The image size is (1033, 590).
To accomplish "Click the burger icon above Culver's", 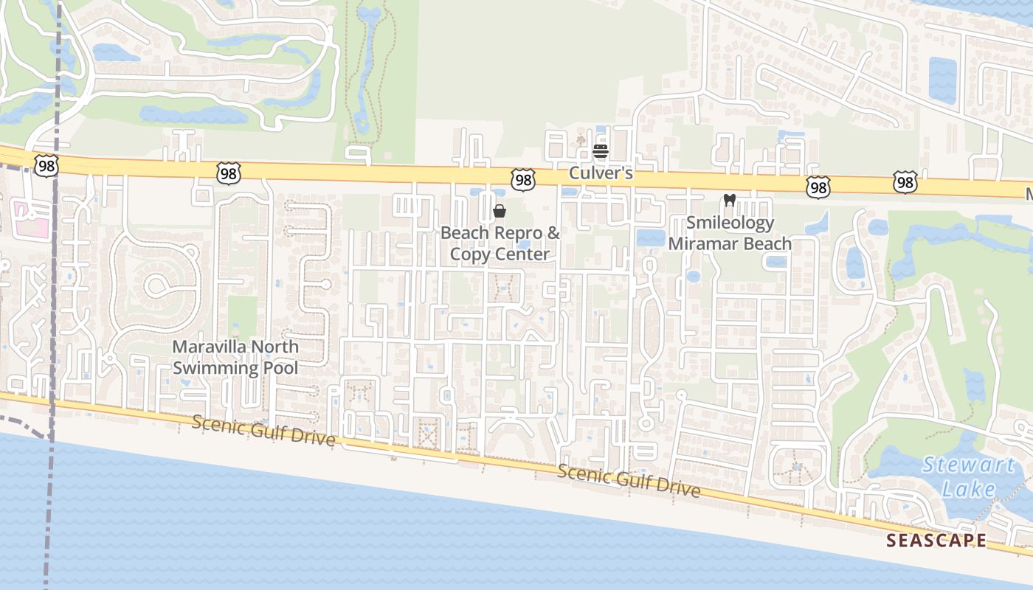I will coord(601,152).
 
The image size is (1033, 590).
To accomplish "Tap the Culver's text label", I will coord(601,173).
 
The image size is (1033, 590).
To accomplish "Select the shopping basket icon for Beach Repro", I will coord(500,212).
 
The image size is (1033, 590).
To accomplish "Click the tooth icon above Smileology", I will coord(730,200).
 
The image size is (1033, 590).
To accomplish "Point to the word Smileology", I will coord(730,223).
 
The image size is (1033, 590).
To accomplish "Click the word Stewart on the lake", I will coord(968,465).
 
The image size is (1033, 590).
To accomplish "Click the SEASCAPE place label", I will coord(936,541).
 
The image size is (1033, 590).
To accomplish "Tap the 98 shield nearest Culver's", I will coord(522,179).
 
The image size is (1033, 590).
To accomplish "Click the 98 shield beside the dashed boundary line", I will coord(46,166).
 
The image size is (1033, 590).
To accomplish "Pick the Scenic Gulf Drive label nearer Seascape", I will coord(628,481).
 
